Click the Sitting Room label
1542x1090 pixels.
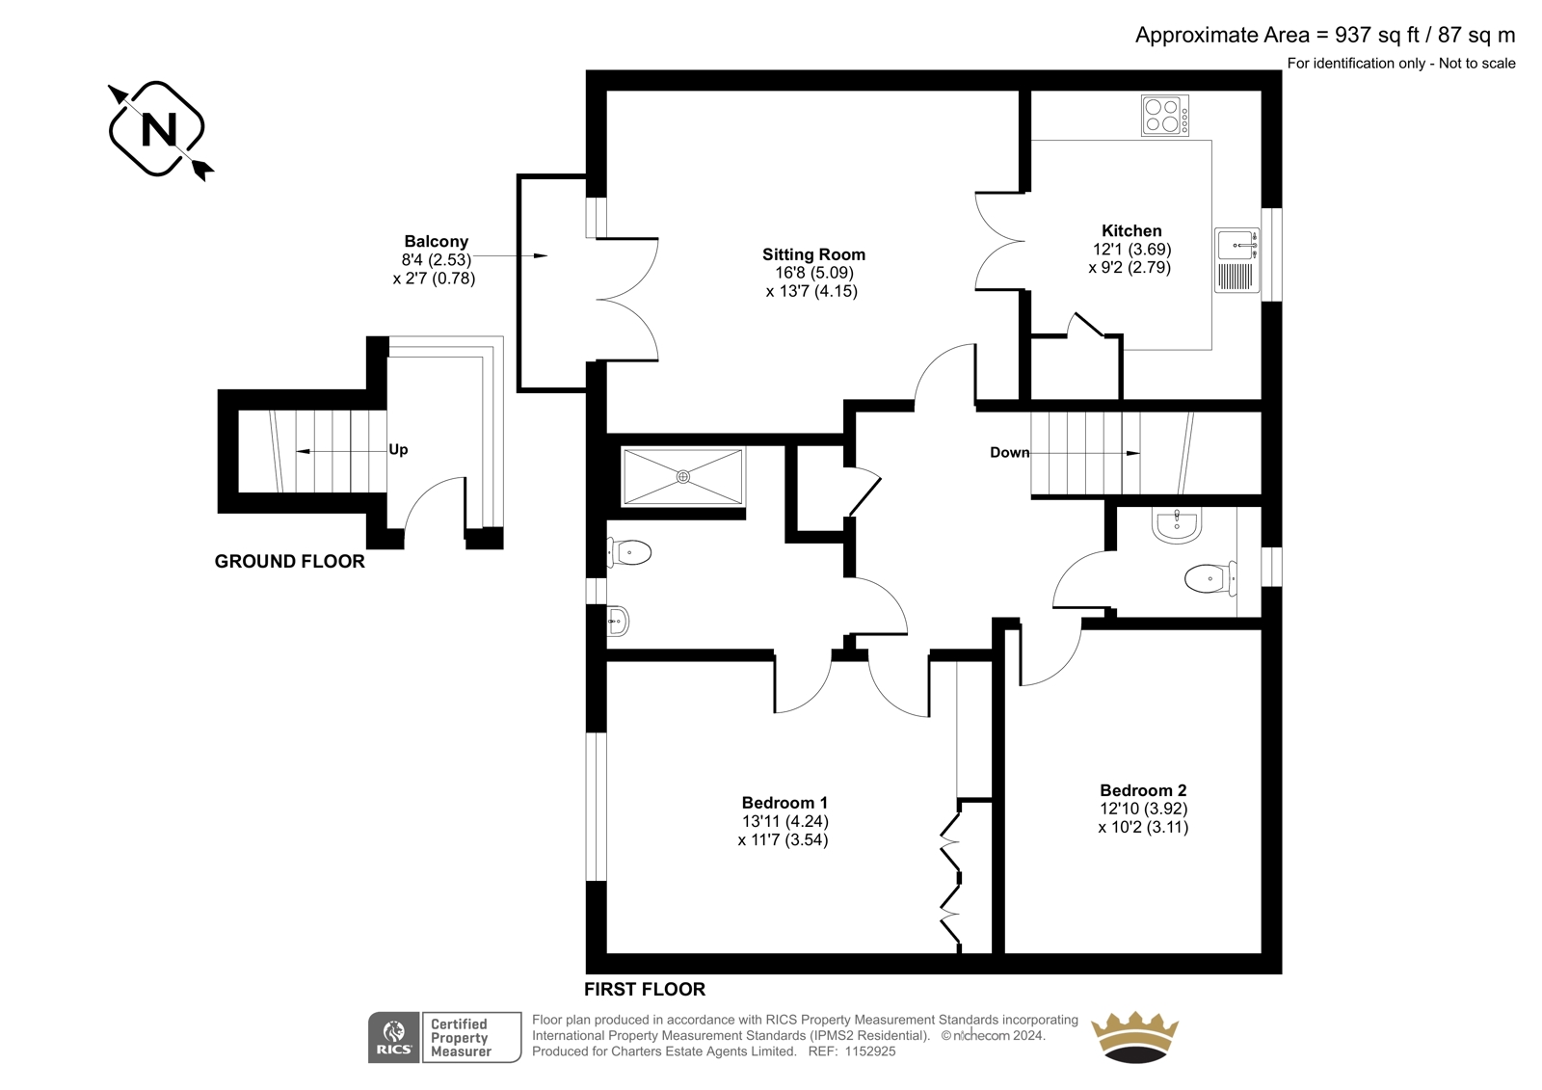[x=813, y=254]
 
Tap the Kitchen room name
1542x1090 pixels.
[x=1131, y=230]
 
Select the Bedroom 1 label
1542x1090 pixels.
[x=784, y=802]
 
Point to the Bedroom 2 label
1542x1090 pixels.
[x=1143, y=789]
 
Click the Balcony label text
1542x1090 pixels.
[x=437, y=241]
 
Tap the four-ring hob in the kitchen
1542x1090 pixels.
[x=1165, y=115]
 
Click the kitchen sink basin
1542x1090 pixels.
[x=1236, y=245]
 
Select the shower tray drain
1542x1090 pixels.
[x=683, y=476]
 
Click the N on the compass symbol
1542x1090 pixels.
[x=159, y=129]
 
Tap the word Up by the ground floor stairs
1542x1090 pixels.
[x=399, y=450]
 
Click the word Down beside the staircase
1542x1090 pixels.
[x=1010, y=452]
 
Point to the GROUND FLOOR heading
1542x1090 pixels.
[x=290, y=561]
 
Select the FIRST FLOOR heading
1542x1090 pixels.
[x=645, y=990]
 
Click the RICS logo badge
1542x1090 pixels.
[x=394, y=1037]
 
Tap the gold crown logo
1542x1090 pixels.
[x=1134, y=1037]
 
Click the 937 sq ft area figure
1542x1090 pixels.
[x=1377, y=35]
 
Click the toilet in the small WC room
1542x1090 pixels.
[x=1210, y=578]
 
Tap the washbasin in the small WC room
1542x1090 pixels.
[x=1177, y=525]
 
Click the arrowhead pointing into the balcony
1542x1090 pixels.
[x=541, y=256]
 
